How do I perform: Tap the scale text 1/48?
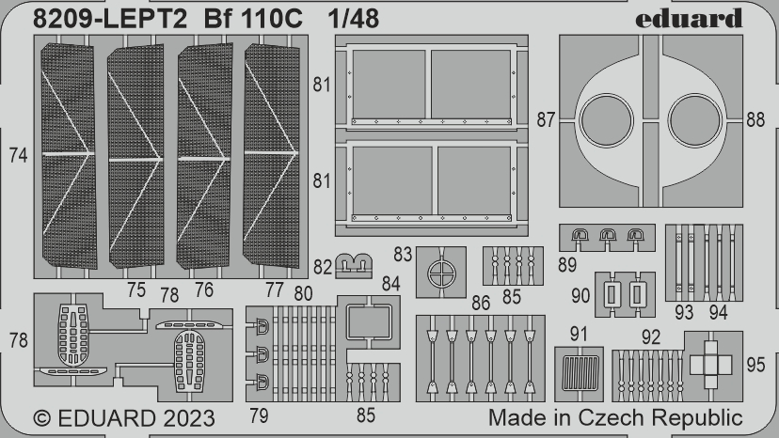pos(354,19)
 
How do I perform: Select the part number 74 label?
pos(17,156)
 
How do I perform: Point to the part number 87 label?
pos(546,119)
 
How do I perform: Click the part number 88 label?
pos(755,119)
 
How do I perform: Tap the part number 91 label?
pos(578,333)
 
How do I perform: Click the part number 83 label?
pos(404,254)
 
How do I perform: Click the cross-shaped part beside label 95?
pos(710,362)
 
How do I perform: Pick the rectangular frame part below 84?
pos(370,322)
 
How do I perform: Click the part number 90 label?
pos(580,296)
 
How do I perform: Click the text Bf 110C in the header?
pos(260,19)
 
